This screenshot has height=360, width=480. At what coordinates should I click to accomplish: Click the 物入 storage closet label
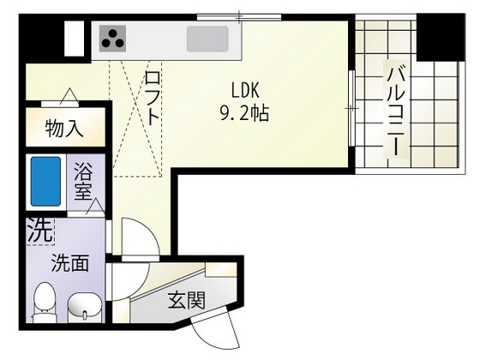(x=63, y=130)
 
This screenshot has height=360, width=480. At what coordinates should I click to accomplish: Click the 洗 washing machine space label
(x=38, y=230)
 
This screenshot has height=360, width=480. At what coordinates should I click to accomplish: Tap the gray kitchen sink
(x=208, y=39)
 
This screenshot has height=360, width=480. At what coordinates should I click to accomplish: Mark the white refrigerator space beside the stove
(x=75, y=38)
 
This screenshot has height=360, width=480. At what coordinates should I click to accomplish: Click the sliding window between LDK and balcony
(x=352, y=108)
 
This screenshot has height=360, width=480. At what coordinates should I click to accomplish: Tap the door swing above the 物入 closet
(x=67, y=96)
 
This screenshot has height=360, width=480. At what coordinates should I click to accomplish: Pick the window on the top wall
(x=230, y=15)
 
